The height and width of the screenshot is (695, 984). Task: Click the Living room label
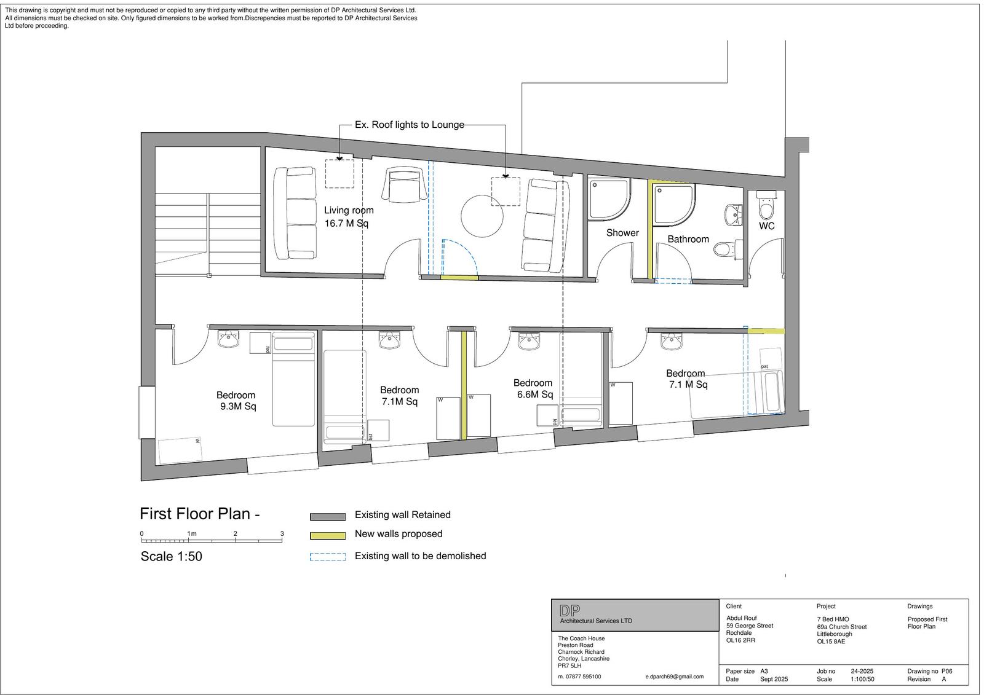pos(349,210)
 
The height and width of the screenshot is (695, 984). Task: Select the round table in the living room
pos(482,216)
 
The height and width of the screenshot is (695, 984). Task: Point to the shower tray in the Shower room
pos(608,199)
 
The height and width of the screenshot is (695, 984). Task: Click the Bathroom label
pos(688,239)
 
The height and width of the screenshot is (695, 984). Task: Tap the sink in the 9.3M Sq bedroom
pos(228,339)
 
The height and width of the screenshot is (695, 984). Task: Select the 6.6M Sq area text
pos(534,395)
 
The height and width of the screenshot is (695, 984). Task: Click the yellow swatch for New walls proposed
pos(328,536)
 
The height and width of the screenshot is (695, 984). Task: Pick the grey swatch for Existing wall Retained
pos(328,517)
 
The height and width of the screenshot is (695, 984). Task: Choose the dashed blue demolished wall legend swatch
pos(328,557)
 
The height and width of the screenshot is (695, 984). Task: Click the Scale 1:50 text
pos(172,556)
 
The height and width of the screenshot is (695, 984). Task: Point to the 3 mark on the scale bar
pos(282,533)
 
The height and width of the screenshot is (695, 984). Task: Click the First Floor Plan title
pos(200,514)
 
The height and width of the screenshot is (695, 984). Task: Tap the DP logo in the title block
pos(569,610)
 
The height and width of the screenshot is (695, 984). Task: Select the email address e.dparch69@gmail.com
pos(674,677)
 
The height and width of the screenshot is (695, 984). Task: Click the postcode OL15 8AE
pos(831,642)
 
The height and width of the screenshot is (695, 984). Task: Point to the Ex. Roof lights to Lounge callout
pos(410,125)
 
